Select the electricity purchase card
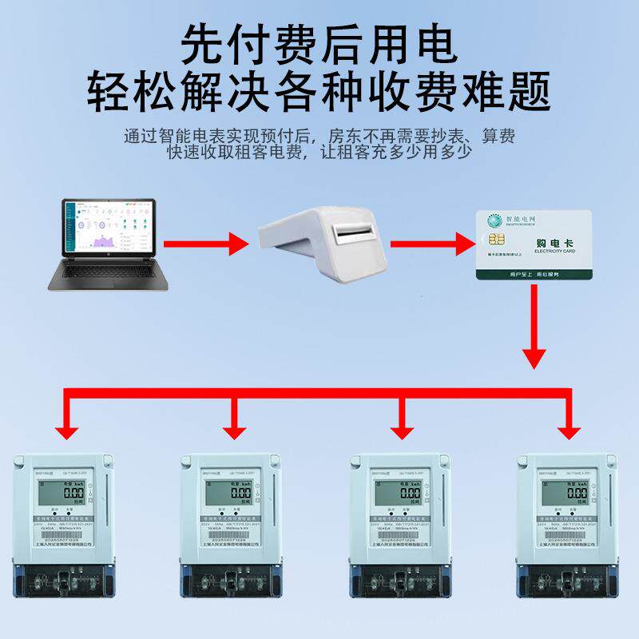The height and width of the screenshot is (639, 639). tap(534, 245)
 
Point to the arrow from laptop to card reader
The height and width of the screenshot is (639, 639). tap(204, 243)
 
